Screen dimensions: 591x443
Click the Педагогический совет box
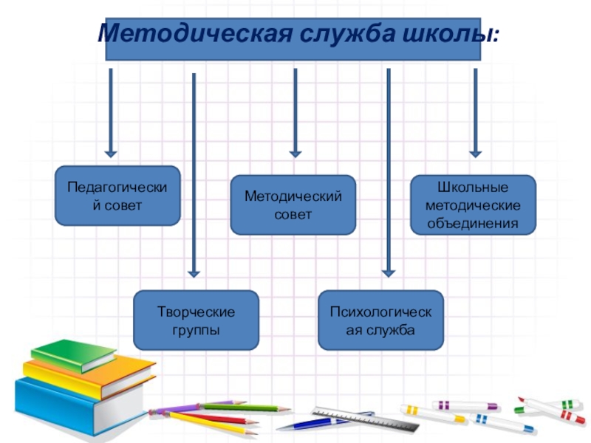117,196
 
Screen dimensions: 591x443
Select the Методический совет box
293,205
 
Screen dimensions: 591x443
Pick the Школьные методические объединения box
473,205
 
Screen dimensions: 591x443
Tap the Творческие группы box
196,320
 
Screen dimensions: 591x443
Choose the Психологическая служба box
380,320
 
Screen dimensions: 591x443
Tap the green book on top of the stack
74,355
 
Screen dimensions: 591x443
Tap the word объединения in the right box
473,222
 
